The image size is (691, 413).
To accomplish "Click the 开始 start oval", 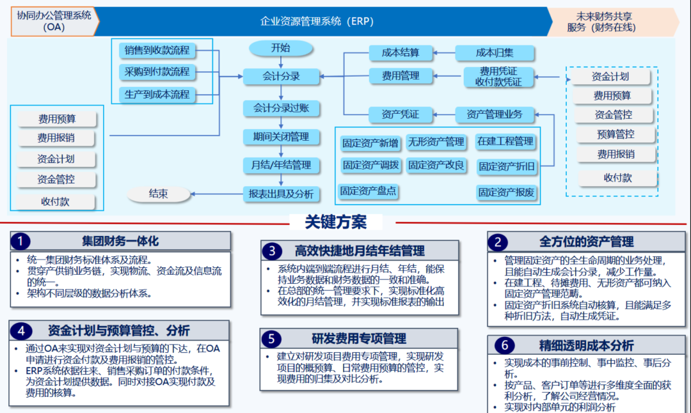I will [280, 48].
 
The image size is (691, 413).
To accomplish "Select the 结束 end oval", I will [158, 194].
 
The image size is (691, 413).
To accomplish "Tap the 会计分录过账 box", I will [281, 108].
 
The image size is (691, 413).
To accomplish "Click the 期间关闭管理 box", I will [281, 137].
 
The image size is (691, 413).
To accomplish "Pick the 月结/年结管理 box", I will [281, 166].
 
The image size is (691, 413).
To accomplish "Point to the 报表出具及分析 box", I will [281, 194].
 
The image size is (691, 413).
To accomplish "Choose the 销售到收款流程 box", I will [157, 51].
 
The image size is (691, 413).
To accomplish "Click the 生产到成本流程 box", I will [157, 95].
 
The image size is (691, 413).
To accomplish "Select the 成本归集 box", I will [494, 53].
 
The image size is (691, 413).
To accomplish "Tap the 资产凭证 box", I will [401, 114].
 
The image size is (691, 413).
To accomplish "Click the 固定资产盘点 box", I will [369, 191].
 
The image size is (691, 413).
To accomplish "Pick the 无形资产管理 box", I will [436, 141].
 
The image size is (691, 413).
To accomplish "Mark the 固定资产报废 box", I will [507, 192].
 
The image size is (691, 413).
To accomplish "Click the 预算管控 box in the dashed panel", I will [616, 134].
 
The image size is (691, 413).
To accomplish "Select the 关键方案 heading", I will [336, 222].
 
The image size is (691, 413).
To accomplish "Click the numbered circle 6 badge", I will [504, 346].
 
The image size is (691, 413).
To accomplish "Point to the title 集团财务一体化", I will [120, 241].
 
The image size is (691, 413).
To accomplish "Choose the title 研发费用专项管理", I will [359, 338].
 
